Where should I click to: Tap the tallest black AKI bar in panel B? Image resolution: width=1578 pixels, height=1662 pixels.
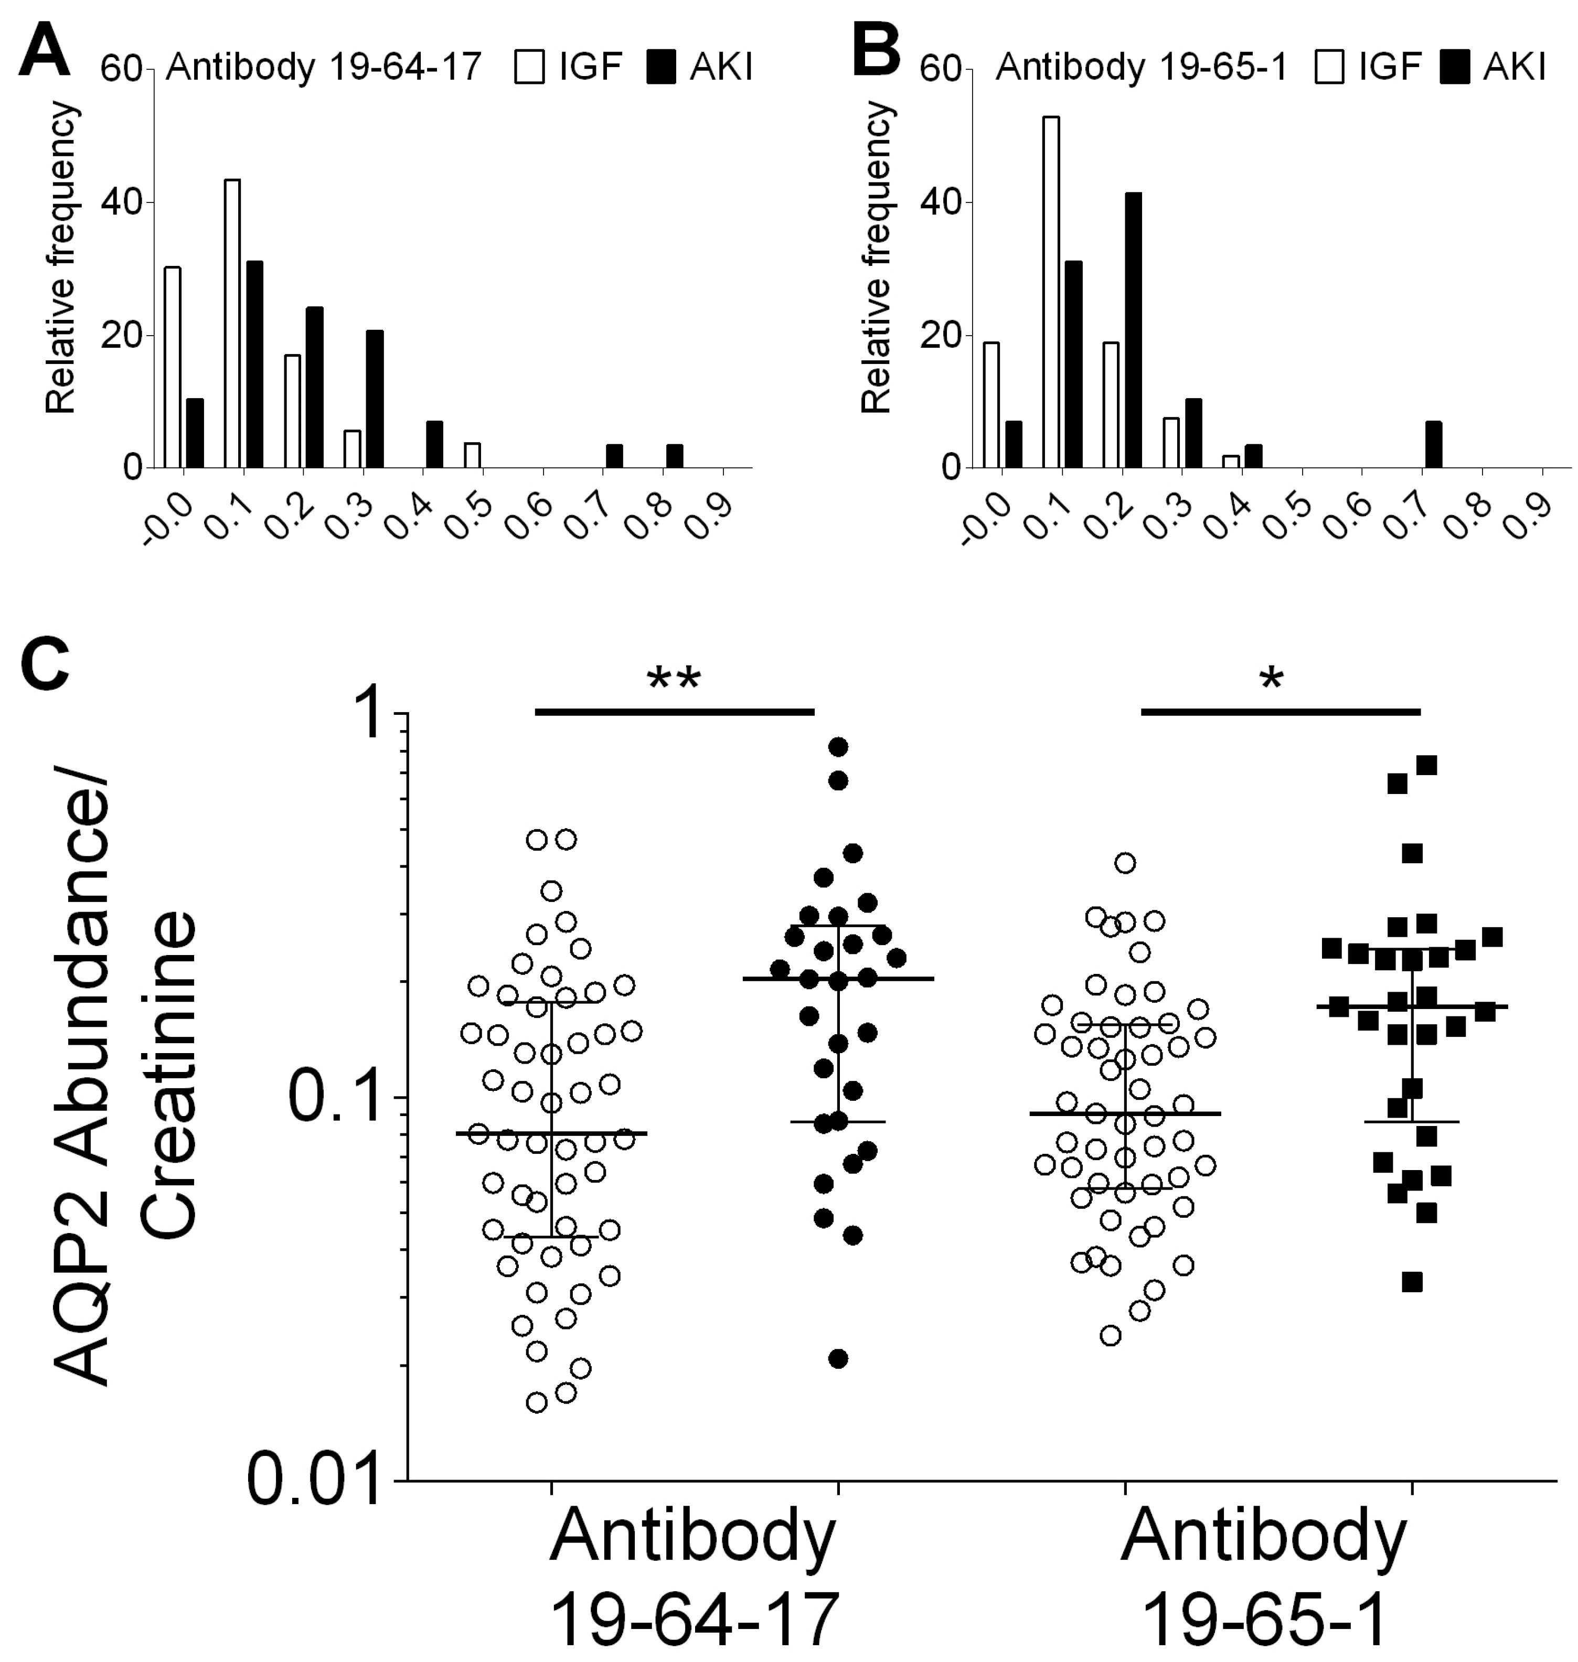coord(1133,330)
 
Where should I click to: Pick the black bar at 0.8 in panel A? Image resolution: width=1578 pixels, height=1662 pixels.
coord(674,455)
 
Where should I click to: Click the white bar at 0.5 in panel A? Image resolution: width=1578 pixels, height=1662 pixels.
coord(473,454)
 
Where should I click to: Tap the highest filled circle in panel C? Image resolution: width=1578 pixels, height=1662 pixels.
coord(838,746)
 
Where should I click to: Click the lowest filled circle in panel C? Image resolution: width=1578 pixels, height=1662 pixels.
coord(838,1358)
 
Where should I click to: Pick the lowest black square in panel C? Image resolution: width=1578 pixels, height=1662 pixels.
coord(1412,1282)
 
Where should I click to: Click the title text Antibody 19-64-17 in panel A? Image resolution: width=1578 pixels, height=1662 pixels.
coord(323,67)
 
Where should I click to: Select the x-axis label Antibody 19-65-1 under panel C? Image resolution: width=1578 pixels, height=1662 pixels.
coord(1264,1574)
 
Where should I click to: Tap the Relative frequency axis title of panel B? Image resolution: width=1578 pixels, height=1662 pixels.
coord(877,258)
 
